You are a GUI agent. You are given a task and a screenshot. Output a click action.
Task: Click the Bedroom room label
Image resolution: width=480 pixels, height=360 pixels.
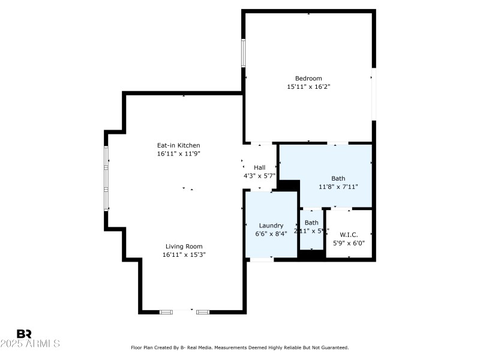(308, 78)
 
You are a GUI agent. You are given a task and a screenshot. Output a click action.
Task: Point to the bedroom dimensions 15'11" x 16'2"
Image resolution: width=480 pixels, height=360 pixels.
(308, 86)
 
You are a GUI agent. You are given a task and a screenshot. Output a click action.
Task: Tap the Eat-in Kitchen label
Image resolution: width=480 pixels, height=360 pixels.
(178, 145)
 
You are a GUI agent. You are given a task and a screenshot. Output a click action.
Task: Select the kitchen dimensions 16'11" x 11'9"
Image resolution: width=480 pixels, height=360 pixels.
(178, 154)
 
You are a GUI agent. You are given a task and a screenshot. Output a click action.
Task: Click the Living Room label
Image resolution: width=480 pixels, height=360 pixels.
(184, 246)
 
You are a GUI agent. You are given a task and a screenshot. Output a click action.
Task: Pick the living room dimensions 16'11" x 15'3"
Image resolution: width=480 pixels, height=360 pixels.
(184, 254)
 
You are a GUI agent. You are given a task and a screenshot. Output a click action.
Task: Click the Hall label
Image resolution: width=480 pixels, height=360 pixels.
(259, 167)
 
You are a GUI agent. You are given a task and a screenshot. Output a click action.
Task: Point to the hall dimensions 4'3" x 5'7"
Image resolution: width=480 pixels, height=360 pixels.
(259, 176)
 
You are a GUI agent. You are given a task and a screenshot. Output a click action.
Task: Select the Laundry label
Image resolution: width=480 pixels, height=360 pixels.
(271, 226)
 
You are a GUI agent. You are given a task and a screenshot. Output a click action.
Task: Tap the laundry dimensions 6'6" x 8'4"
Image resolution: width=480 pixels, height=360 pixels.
(271, 233)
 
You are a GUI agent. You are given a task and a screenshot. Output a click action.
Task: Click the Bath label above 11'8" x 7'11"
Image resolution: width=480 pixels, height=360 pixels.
(338, 178)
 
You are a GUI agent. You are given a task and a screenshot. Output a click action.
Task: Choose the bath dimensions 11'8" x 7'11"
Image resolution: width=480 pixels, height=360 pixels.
(338, 187)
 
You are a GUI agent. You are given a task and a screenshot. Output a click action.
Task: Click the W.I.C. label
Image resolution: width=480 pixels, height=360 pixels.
(349, 235)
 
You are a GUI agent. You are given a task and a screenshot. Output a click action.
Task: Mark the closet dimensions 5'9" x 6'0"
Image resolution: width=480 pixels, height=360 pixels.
(349, 243)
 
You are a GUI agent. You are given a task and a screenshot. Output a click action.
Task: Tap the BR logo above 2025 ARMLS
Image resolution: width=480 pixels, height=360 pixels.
(24, 334)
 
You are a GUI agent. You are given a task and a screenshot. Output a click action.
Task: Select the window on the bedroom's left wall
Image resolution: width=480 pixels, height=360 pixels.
(244, 53)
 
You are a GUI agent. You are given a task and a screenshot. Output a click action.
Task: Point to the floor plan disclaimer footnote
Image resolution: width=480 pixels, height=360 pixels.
(240, 347)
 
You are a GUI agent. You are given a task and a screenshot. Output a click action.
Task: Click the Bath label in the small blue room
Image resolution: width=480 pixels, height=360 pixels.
(311, 223)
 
